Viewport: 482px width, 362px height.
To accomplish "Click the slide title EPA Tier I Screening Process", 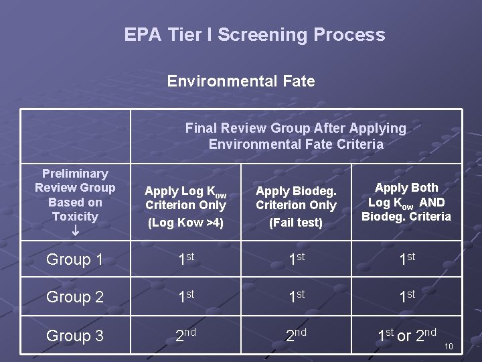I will pyautogui.click(x=254, y=35).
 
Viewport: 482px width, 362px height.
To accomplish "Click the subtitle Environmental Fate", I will pyautogui.click(x=241, y=81).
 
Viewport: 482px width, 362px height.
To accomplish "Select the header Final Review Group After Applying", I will pyautogui.click(x=295, y=128).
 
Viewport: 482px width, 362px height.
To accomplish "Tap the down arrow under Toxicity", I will pyautogui.click(x=75, y=231).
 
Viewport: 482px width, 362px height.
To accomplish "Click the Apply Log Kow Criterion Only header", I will pyautogui.click(x=185, y=198).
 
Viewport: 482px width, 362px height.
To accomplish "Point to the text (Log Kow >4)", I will pyautogui.click(x=185, y=222).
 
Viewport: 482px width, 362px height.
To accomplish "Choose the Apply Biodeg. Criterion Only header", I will pyautogui.click(x=296, y=198).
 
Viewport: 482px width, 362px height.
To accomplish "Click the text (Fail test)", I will pyautogui.click(x=296, y=222).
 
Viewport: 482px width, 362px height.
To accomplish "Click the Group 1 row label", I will pyautogui.click(x=75, y=259).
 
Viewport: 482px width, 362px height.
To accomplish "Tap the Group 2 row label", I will pyautogui.click(x=75, y=297).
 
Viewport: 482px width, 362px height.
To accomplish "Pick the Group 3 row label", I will pyautogui.click(x=75, y=336).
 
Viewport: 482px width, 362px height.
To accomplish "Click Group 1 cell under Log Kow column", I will pyautogui.click(x=185, y=259).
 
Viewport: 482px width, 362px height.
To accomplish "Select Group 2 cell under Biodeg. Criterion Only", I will pyautogui.click(x=296, y=297).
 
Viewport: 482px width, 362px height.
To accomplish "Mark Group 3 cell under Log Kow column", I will pyautogui.click(x=185, y=335).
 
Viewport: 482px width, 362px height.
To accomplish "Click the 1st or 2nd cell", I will pyautogui.click(x=406, y=335).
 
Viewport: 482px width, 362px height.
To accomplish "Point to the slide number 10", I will pyautogui.click(x=449, y=347).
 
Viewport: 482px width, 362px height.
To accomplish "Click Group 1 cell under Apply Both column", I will pyautogui.click(x=406, y=259).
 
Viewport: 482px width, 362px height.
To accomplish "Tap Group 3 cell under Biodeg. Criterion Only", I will pyautogui.click(x=296, y=335).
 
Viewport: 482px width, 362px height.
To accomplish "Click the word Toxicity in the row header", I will pyautogui.click(x=75, y=217).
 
